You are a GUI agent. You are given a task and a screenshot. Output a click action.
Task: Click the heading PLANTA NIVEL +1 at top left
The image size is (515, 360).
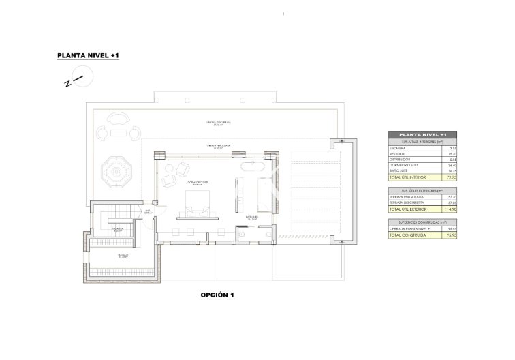[x=89, y=58]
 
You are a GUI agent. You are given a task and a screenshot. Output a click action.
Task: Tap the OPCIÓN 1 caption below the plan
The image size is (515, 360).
[x=217, y=295]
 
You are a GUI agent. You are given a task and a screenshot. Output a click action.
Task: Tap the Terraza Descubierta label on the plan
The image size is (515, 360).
[x=219, y=123]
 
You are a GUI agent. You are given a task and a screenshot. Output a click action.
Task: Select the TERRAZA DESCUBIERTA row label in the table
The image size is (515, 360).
[x=406, y=202]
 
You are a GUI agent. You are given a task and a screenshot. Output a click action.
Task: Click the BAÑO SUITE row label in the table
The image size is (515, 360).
[x=398, y=170]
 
